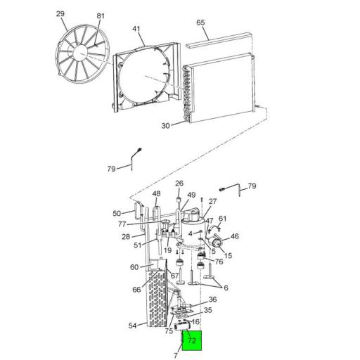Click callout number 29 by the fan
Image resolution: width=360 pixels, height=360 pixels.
click(60, 14)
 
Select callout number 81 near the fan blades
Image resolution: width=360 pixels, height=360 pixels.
click(100, 16)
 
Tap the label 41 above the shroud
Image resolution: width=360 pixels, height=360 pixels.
click(136, 30)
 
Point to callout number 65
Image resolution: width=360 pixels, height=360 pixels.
click(201, 23)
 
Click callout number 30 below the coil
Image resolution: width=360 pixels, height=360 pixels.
click(166, 126)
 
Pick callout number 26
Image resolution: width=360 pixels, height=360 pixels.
click(179, 184)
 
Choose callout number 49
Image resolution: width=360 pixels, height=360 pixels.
click(191, 195)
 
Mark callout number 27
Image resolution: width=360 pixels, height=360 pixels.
click(213, 202)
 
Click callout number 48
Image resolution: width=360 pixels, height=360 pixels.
click(156, 194)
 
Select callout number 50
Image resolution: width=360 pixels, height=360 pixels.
click(117, 213)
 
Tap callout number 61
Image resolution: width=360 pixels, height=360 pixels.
click(223, 219)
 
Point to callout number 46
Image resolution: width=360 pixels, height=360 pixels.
click(235, 237)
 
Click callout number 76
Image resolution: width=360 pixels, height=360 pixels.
click(219, 262)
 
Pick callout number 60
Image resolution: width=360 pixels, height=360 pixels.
click(134, 267)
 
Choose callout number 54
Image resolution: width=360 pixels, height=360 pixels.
click(133, 325)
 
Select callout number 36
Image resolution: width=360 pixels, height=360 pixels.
click(212, 300)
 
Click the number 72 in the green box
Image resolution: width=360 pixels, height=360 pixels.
click(192, 341)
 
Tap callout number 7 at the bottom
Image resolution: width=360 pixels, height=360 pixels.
click(176, 356)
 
